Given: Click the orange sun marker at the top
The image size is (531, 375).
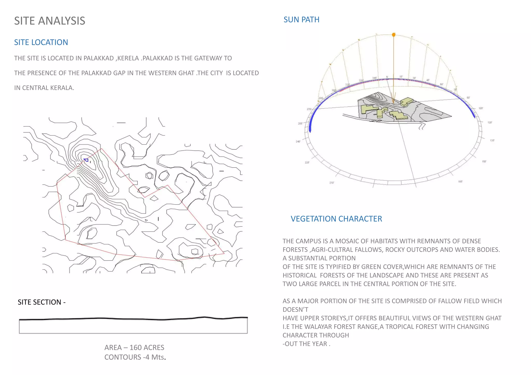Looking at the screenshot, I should coord(394,35).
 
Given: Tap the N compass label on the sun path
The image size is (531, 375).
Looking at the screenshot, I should coord(387,77).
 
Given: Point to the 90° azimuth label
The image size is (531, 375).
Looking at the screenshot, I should coord(468,98).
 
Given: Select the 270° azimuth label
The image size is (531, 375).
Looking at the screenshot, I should coord(309,109).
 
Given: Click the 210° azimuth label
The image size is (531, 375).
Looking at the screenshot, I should coord(332,183).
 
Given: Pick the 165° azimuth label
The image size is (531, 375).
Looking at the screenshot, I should coord(460,182).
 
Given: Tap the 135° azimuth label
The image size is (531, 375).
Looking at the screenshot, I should coord(492,140).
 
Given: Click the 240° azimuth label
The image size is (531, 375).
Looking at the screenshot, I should coord(298,141).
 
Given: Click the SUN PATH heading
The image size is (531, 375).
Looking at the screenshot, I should coord(301,20).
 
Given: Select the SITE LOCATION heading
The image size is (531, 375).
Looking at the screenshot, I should coord(41,42).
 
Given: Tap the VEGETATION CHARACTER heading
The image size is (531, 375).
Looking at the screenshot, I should coord(336,219).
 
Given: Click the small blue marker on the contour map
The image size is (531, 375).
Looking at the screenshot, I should coord(86,160).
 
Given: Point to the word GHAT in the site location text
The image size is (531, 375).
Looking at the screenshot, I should coord(186,73).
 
